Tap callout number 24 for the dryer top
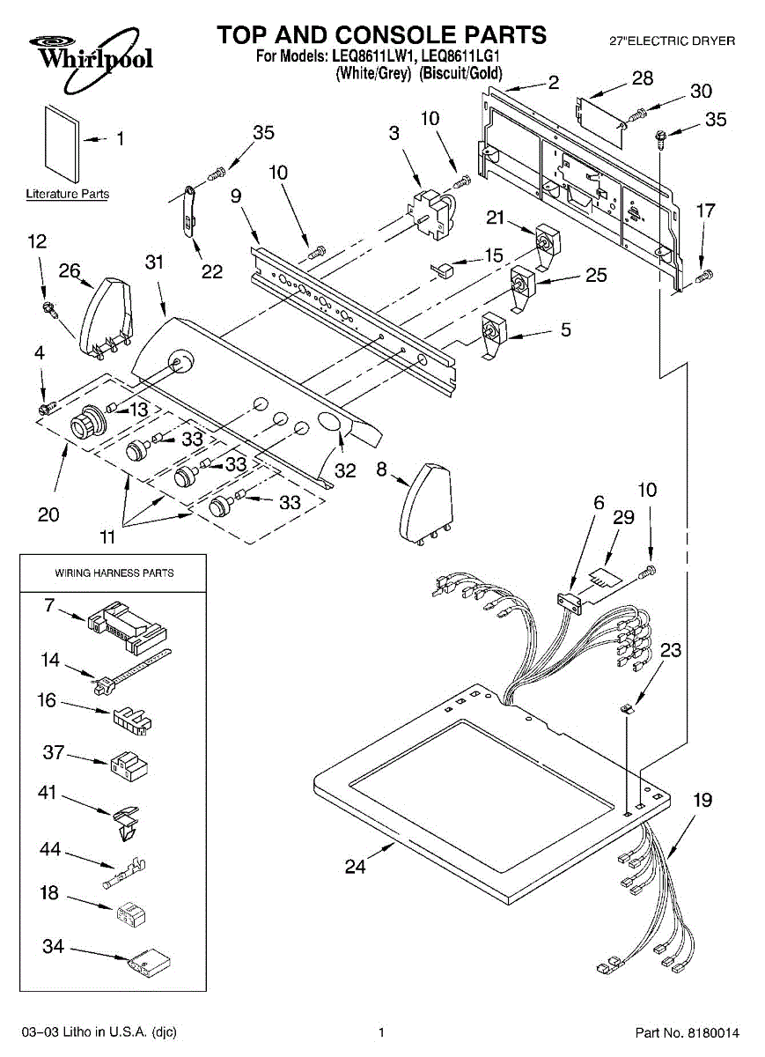tap(354, 868)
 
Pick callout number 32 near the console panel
tap(345, 470)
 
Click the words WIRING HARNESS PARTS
tap(114, 573)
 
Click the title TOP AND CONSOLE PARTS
tap(382, 35)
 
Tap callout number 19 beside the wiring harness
tap(702, 801)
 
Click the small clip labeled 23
tap(628, 706)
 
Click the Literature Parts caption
tap(68, 194)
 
